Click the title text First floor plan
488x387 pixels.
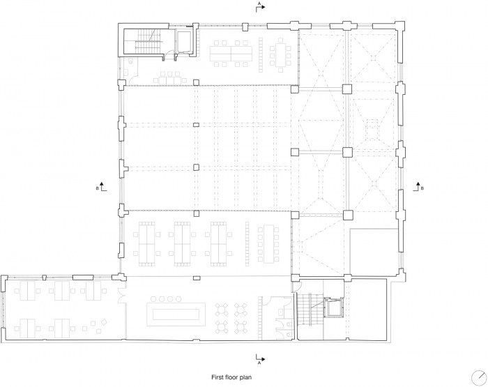point(231,377)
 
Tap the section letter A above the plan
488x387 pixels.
point(259,3)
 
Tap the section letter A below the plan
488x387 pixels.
point(259,363)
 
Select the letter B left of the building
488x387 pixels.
point(98,188)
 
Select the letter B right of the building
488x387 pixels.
point(422,188)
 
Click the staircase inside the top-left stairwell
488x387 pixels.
point(148,41)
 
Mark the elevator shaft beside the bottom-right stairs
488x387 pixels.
point(333,308)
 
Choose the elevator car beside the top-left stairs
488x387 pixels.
point(183,40)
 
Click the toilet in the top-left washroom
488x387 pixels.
point(130,63)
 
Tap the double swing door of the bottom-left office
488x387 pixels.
point(121,295)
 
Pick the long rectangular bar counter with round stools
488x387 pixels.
point(176,314)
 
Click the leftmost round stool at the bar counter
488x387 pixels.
point(153,299)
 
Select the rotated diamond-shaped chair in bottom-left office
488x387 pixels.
point(105,321)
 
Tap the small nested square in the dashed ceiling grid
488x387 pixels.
point(372,130)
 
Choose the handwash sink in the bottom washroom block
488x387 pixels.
point(282,311)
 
